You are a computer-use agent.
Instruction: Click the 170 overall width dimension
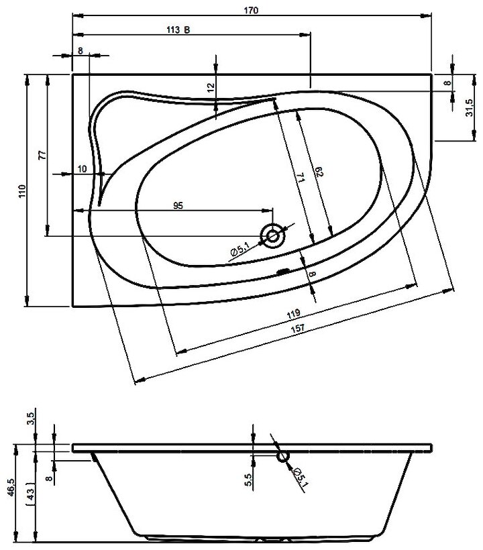tap(253, 10)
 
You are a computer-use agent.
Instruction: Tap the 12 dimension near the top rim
tap(211, 87)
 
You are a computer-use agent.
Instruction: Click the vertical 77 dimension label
tap(42, 154)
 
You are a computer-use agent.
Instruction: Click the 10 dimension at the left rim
tap(82, 169)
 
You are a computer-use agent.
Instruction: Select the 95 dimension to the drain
tap(178, 206)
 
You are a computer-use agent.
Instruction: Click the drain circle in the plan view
tap(273, 235)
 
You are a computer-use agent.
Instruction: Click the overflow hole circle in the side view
tap(282, 457)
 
